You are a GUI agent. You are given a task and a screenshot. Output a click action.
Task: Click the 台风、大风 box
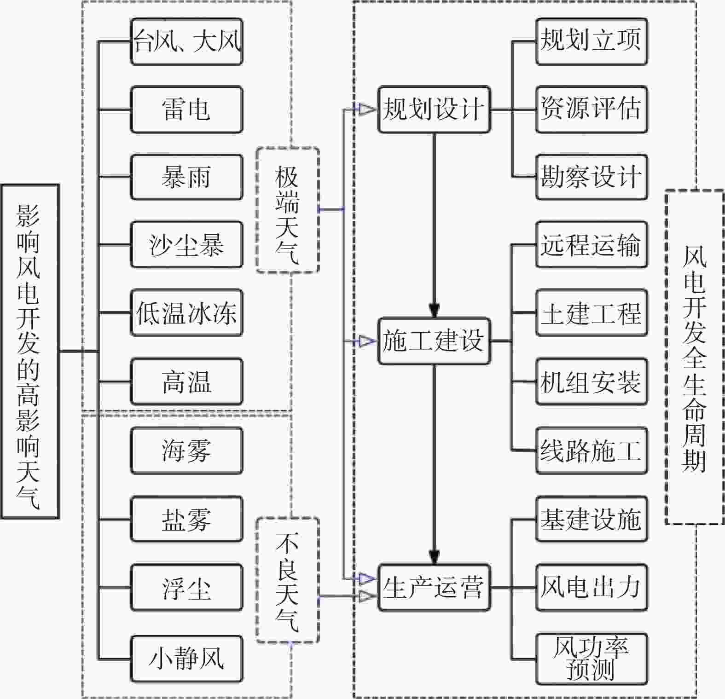[x=186, y=41]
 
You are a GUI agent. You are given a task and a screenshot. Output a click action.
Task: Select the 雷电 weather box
[x=186, y=110]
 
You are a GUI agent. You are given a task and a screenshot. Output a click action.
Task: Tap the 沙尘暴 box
[x=186, y=245]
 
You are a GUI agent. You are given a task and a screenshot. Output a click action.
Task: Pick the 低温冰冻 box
[x=186, y=313]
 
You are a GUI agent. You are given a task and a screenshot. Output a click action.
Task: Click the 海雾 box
[x=186, y=450]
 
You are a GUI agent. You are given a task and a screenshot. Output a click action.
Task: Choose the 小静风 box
[x=186, y=659]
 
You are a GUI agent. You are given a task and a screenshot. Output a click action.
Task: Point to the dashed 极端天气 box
[x=288, y=210]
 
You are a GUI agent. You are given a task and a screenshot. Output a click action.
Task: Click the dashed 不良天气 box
[x=288, y=580]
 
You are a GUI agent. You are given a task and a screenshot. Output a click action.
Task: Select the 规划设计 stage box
[x=434, y=110]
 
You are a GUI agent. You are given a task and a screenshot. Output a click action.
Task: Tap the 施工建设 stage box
[x=434, y=341]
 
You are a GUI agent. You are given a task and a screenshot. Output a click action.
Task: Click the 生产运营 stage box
[x=434, y=588]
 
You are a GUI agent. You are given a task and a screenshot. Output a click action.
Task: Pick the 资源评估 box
[x=592, y=110]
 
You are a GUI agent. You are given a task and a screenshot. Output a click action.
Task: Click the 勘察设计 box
[x=592, y=177]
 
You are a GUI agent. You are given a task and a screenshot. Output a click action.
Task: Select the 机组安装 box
[x=592, y=382]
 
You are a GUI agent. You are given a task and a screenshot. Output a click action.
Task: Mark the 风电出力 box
[x=592, y=588]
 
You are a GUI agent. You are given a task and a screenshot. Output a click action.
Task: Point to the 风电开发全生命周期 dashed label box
[x=695, y=357]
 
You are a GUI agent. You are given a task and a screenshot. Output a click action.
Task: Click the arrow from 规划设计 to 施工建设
[x=434, y=225]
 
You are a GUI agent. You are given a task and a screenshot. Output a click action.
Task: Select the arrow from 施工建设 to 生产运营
[x=434, y=464]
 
